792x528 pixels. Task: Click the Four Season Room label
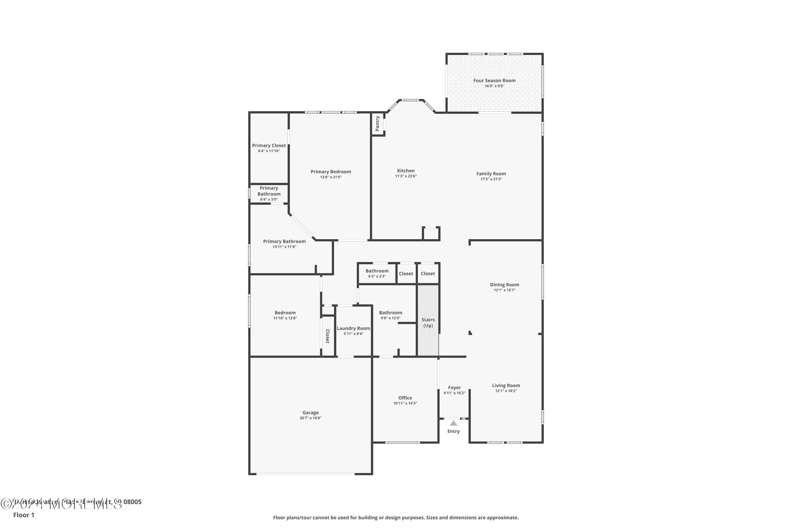494,81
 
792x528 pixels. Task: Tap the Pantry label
378,124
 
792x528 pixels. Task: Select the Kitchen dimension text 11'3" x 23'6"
406,176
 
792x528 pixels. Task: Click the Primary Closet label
269,145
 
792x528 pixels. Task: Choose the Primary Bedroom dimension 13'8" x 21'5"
331,177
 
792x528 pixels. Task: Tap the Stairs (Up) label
428,322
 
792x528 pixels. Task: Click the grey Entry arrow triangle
453,423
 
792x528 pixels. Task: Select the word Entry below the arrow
453,431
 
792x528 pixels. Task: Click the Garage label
310,412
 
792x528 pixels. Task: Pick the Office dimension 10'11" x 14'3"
405,403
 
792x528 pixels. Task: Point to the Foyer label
454,388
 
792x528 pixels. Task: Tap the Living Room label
506,385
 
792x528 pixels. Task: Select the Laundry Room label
353,328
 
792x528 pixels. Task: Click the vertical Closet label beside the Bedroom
327,336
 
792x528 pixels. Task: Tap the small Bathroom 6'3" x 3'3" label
377,271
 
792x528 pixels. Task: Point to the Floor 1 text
23,515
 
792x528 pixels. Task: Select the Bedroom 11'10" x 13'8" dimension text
285,318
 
